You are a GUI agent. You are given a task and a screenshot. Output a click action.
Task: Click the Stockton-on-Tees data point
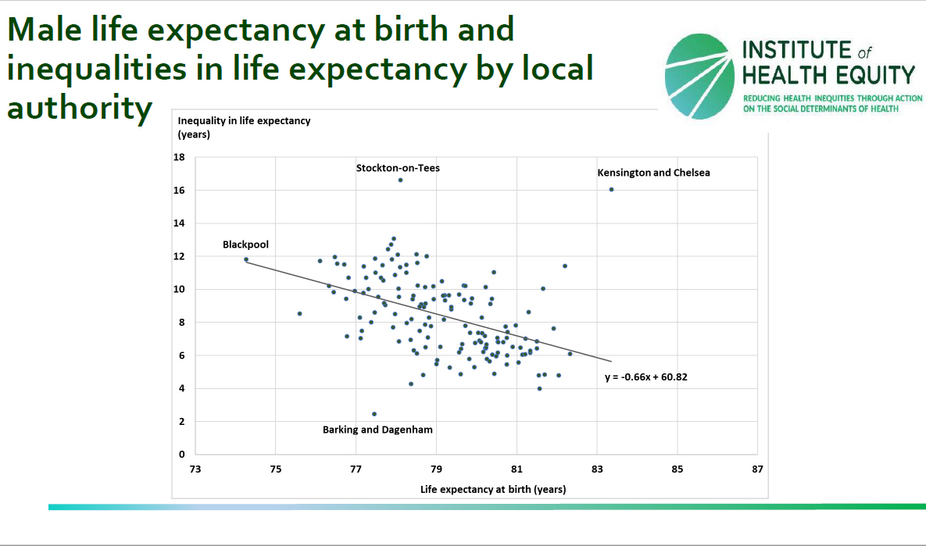click(400, 180)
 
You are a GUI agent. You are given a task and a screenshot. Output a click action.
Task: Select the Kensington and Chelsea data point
click(611, 189)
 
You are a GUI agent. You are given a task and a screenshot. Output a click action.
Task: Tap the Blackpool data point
click(246, 259)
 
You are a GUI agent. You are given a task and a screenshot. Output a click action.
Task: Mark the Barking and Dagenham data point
click(374, 414)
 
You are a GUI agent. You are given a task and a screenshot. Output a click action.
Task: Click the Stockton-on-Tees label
click(398, 168)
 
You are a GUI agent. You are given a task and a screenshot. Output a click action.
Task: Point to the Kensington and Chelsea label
click(653, 173)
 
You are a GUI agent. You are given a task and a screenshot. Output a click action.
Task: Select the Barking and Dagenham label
click(377, 430)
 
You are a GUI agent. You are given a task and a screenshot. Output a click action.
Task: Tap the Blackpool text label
click(245, 244)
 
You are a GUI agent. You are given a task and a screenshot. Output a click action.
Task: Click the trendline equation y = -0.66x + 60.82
click(646, 376)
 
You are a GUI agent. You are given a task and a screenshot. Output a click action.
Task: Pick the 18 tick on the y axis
click(180, 158)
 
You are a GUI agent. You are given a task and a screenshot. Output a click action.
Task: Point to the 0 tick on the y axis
click(182, 455)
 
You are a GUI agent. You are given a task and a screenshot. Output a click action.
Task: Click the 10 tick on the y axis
click(180, 290)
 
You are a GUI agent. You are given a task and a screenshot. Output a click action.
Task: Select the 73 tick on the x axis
click(195, 469)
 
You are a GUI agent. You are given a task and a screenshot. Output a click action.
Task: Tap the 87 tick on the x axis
click(756, 469)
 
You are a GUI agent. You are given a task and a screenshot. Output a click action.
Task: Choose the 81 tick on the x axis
click(517, 469)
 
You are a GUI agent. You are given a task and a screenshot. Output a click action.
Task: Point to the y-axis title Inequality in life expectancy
click(244, 121)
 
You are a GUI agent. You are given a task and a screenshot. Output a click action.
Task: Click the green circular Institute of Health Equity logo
click(699, 75)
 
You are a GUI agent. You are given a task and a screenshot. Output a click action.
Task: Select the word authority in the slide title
click(78, 107)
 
